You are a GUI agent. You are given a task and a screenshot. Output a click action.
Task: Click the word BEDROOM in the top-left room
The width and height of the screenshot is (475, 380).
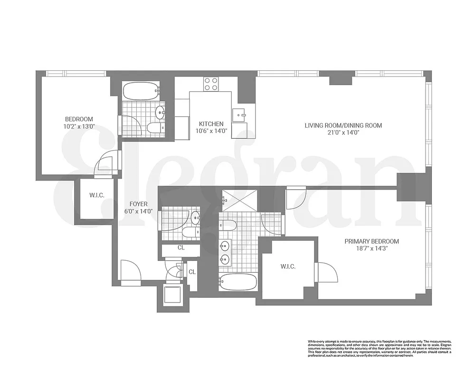[x=79, y=119]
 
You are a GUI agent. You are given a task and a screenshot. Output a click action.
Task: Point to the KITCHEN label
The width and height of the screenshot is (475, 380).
[x=211, y=124]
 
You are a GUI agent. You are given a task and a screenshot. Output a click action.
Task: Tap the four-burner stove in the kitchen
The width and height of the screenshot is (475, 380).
[x=211, y=84]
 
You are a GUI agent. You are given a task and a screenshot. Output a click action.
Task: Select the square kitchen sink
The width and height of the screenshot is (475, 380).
[x=238, y=114]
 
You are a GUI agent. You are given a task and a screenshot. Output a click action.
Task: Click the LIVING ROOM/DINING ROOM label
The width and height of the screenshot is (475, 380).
[x=343, y=125]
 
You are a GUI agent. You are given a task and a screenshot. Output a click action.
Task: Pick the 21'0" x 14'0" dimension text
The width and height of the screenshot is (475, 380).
[x=343, y=133]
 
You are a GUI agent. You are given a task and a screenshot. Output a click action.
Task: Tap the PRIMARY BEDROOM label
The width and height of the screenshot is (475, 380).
[x=371, y=241]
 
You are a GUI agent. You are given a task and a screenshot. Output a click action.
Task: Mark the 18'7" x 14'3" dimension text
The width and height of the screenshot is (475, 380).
[x=371, y=248]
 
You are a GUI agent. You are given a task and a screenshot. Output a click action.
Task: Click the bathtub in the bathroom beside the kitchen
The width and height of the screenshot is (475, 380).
[x=141, y=91]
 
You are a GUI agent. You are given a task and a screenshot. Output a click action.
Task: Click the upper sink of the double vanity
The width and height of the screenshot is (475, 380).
[x=225, y=246]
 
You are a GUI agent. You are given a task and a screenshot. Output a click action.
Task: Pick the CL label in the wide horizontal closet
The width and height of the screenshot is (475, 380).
[x=180, y=247]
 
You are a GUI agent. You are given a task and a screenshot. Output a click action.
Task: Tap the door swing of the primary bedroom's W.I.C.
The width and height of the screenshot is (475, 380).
[x=327, y=272]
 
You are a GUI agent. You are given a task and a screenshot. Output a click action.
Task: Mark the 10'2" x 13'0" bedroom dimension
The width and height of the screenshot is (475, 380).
[x=79, y=126]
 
